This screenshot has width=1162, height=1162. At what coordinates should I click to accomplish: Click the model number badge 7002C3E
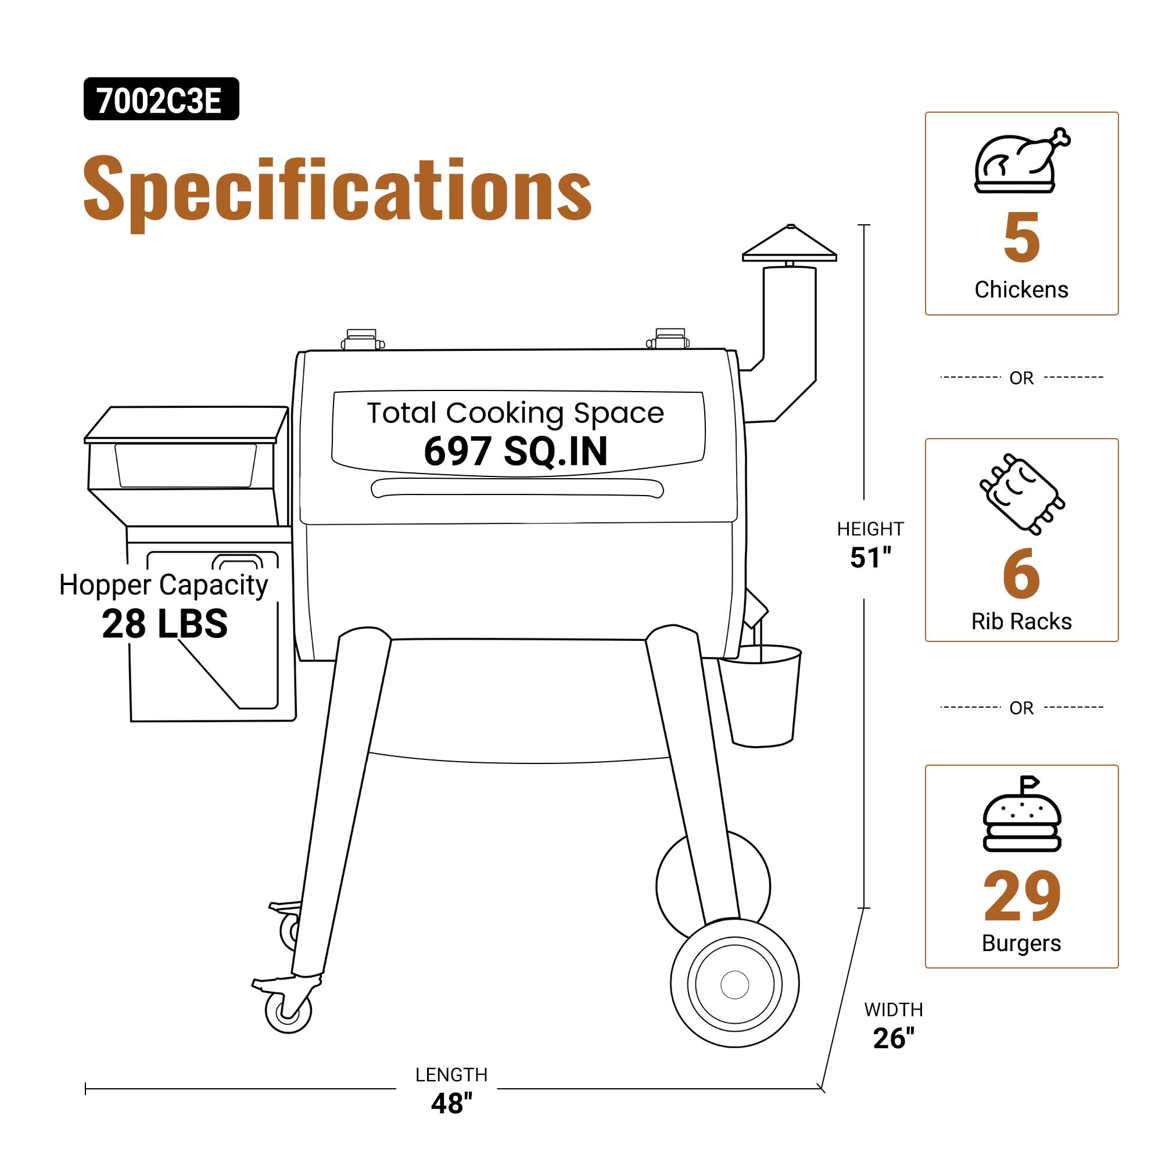coord(160,99)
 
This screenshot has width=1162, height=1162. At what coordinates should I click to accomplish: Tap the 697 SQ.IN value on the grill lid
coord(515,451)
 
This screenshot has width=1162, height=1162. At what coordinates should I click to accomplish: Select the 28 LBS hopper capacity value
coord(165,623)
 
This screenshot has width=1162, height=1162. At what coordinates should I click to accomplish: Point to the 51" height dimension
coord(870,558)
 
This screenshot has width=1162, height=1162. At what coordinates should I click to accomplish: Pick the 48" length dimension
coord(451,1104)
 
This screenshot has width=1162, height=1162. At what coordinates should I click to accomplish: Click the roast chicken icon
coord(1021,161)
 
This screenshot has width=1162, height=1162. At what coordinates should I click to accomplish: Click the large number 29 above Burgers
coord(1021,896)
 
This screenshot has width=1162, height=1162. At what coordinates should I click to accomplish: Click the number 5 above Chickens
coord(1021,238)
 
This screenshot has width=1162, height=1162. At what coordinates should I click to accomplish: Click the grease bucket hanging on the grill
coord(762,695)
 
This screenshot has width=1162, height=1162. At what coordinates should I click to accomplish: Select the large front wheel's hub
coord(734,985)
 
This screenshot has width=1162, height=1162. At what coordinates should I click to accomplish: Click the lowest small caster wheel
coord(288,1011)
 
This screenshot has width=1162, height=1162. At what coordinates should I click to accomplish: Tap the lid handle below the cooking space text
coord(517,488)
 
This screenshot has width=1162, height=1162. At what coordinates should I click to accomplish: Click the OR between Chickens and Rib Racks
coord(1021,378)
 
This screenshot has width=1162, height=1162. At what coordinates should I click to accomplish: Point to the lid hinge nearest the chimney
coord(669,339)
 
